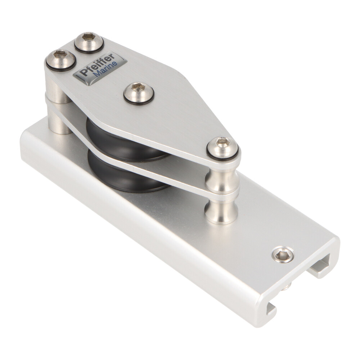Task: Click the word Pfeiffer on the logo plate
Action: [98, 64]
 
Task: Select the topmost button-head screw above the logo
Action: [89, 42]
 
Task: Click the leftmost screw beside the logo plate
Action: [60, 60]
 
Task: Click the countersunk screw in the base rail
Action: [283, 255]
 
